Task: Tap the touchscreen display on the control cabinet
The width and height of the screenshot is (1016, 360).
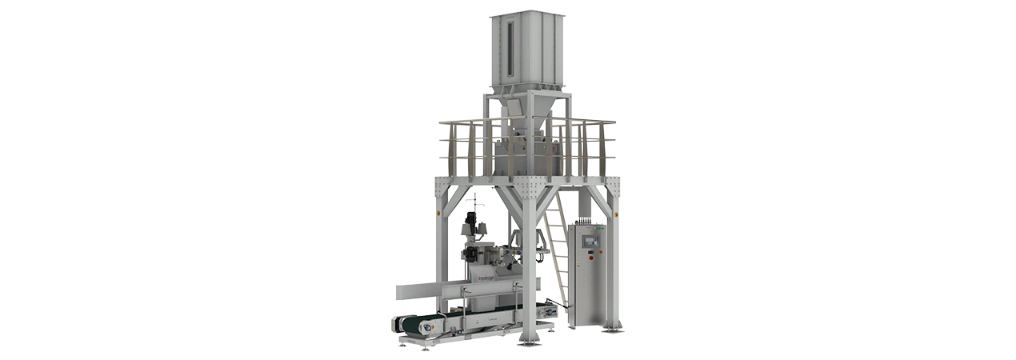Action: point(594,238)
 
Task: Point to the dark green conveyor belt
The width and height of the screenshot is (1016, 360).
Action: point(419,324)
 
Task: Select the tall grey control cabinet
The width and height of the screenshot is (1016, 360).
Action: point(593,272)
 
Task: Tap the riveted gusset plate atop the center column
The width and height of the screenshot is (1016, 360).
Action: point(526,189)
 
